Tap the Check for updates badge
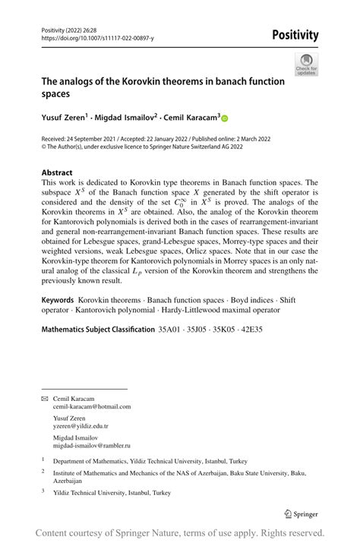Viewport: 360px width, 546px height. [306, 65]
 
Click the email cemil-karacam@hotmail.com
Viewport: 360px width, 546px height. [91, 406]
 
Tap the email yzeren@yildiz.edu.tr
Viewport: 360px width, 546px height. [81, 427]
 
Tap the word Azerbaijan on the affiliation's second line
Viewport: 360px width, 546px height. [72, 481]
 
